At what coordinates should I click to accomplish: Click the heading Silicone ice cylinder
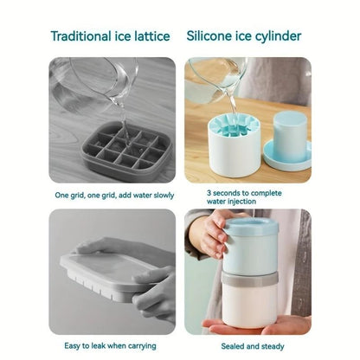pyautogui.click(x=244, y=35)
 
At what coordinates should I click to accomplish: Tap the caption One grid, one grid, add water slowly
pyautogui.click(x=112, y=195)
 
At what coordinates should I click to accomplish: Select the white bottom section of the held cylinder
pyautogui.click(x=253, y=307)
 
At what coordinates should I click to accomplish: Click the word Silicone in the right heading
pyautogui.click(x=209, y=35)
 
